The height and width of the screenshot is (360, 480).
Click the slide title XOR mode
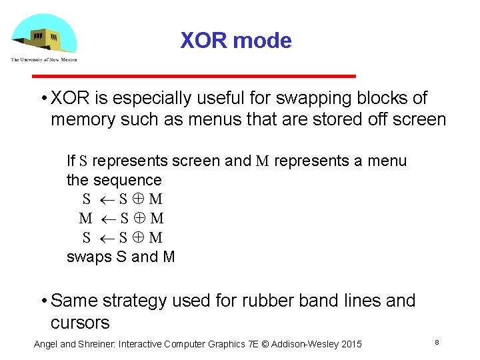[x=236, y=41]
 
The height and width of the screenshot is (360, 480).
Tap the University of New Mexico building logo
[x=44, y=37]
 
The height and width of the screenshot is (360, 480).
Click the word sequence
[x=127, y=180]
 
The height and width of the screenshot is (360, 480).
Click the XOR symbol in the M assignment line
[x=140, y=218]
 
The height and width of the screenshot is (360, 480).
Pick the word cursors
[x=80, y=323]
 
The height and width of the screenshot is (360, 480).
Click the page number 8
[x=436, y=342]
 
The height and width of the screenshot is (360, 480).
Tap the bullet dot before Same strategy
[x=43, y=301]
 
